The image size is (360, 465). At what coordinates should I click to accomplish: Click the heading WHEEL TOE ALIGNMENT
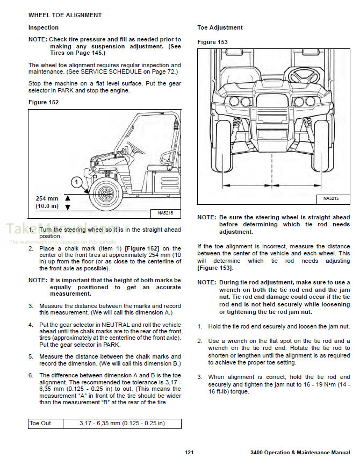(x=64, y=15)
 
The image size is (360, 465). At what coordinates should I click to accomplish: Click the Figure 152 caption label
(x=44, y=102)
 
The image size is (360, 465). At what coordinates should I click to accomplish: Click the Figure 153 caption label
(x=212, y=42)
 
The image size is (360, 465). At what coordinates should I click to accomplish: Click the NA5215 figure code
(x=333, y=199)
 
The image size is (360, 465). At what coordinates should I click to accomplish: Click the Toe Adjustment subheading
(x=220, y=27)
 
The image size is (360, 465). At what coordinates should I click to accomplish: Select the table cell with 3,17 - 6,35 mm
(x=122, y=423)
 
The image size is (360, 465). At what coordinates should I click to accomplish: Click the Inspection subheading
(x=44, y=27)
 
